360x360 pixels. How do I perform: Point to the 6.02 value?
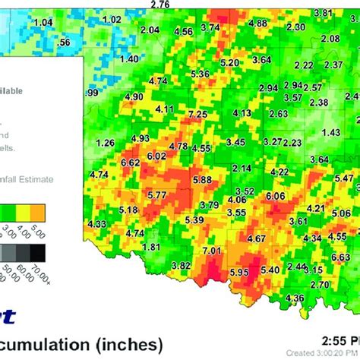(156, 156)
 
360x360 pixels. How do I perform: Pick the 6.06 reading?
(275, 196)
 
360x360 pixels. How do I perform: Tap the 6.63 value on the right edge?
(341, 257)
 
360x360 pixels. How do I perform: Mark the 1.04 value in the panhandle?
(44, 23)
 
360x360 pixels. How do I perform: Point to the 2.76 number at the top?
(160, 5)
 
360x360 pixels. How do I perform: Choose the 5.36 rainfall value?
(201, 73)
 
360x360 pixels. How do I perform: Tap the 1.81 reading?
(151, 247)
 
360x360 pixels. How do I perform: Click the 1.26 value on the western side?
(106, 143)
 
